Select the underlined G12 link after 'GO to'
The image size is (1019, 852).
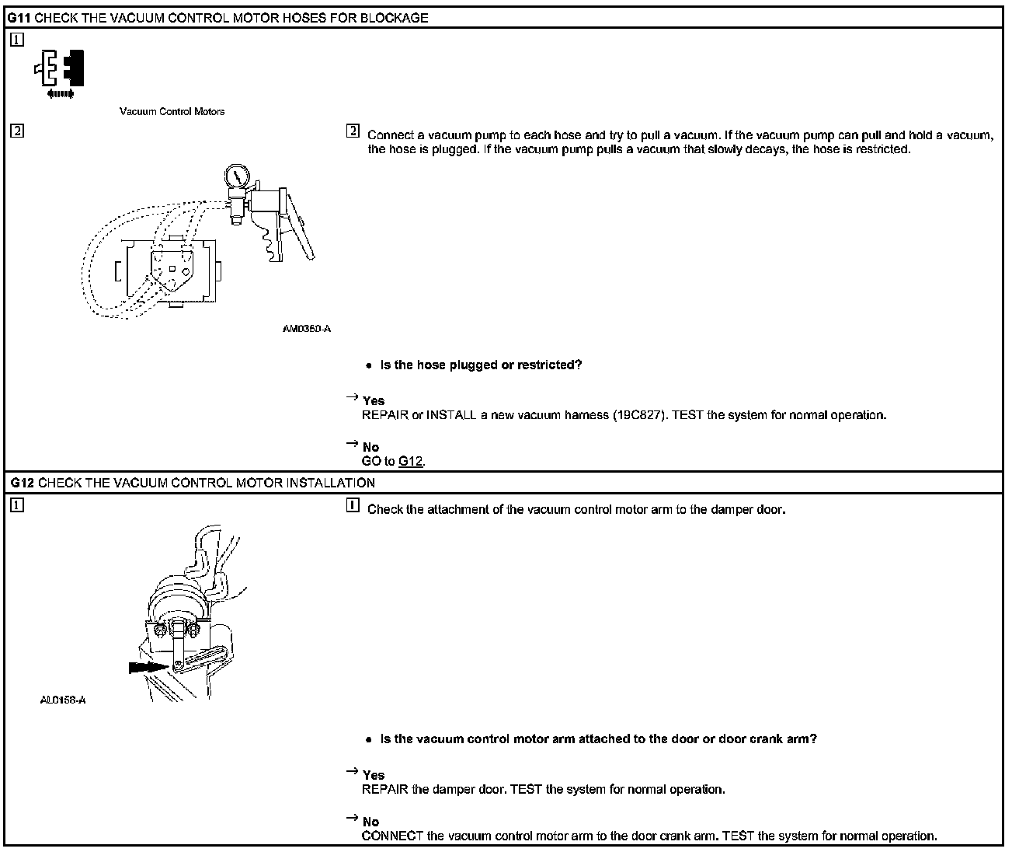coord(411,462)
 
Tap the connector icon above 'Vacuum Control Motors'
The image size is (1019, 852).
coord(60,72)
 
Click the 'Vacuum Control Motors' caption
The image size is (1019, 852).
coord(172,111)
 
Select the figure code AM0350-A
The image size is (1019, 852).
coord(307,329)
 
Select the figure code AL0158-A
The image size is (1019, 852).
coord(63,700)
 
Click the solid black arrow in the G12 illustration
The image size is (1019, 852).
coord(148,666)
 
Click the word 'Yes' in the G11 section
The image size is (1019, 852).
coord(374,401)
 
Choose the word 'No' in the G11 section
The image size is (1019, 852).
coord(371,447)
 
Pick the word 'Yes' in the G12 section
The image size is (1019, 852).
coord(374,775)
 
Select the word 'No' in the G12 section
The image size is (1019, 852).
coord(371,822)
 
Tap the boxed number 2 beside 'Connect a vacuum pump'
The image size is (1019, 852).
coord(353,131)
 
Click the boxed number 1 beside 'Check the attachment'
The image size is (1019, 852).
coord(353,507)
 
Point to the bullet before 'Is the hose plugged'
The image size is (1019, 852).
coord(369,366)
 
